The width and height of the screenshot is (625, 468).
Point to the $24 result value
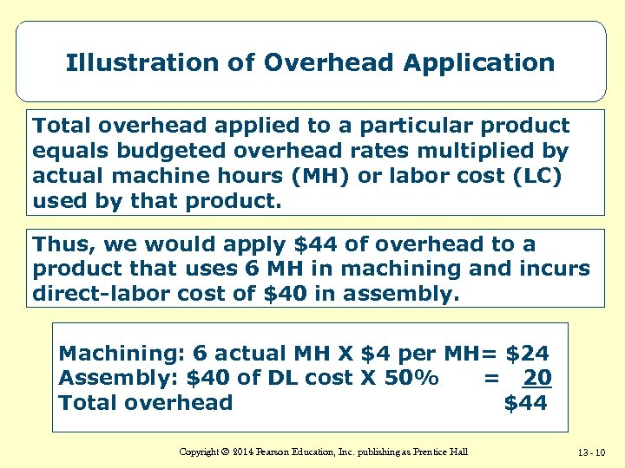pyautogui.click(x=527, y=354)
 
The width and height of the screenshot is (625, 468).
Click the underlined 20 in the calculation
pyautogui.click(x=538, y=378)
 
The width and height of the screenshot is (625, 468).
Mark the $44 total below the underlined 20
pyautogui.click(x=526, y=402)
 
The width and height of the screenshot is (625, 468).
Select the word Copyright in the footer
pyautogui.click(x=199, y=452)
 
